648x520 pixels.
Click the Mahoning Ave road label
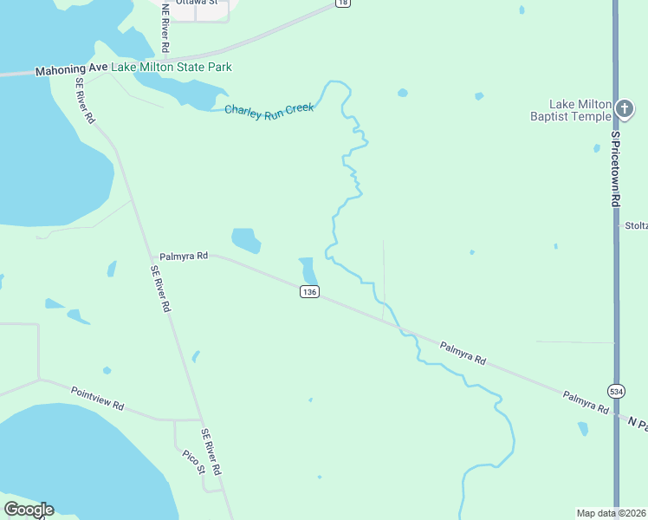(x=71, y=68)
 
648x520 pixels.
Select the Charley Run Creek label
(x=269, y=110)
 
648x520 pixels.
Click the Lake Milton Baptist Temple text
(x=570, y=109)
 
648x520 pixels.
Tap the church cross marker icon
(x=625, y=109)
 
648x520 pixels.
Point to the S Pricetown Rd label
(x=616, y=168)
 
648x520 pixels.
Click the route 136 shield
(x=309, y=292)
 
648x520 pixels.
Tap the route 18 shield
(x=343, y=3)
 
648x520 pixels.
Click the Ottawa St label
(x=196, y=3)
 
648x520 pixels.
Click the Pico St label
(x=193, y=461)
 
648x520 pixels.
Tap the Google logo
(x=29, y=510)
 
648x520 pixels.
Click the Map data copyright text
(x=612, y=513)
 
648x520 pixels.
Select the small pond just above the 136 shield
(x=307, y=269)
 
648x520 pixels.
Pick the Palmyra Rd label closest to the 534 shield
(x=585, y=400)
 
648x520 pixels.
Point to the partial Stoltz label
(x=636, y=225)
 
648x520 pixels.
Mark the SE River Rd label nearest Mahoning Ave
(x=85, y=100)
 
